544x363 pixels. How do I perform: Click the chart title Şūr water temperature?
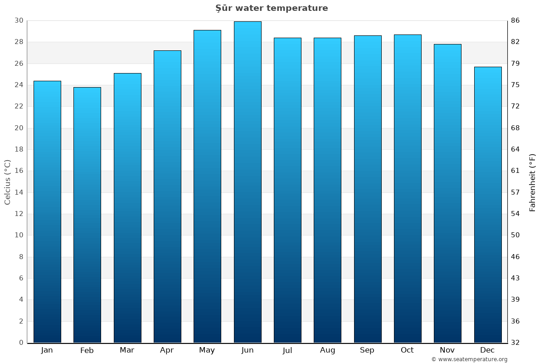(x=272, y=8)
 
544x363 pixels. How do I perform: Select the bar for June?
(x=248, y=181)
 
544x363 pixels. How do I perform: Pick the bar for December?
(x=488, y=204)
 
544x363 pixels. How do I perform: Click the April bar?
(x=167, y=196)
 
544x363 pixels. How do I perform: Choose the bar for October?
(x=408, y=188)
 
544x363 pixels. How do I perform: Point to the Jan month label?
(x=47, y=350)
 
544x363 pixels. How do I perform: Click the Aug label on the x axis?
(x=327, y=350)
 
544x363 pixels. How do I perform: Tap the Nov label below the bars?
(x=447, y=350)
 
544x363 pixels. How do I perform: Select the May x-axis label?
(x=207, y=350)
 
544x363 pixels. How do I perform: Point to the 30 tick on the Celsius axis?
(x=19, y=20)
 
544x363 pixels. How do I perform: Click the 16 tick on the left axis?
(x=19, y=171)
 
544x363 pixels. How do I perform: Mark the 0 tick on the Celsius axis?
(x=21, y=343)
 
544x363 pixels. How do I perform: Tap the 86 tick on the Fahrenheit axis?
(x=516, y=20)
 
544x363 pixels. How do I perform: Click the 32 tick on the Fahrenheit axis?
(x=516, y=343)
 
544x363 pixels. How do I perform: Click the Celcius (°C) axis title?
(x=8, y=181)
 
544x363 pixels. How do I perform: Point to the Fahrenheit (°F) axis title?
(x=533, y=182)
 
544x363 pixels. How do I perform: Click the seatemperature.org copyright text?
(x=469, y=359)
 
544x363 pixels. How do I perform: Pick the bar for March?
(x=127, y=207)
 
